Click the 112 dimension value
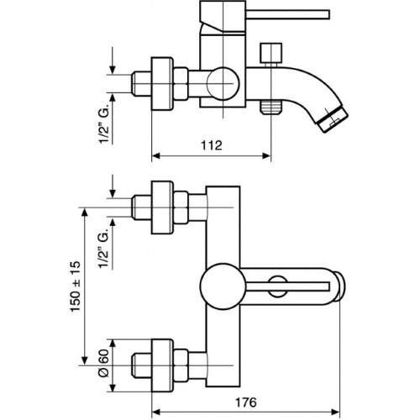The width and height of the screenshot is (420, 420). pos(212,145)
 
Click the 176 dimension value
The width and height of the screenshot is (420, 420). pos(245,402)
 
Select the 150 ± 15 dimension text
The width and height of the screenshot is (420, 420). pos(76,286)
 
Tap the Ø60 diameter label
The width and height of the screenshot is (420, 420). pos(103,363)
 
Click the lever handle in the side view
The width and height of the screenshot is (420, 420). pos(287,14)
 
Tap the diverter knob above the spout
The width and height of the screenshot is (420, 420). pos(270,53)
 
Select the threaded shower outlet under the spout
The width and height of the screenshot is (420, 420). pos(271,108)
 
